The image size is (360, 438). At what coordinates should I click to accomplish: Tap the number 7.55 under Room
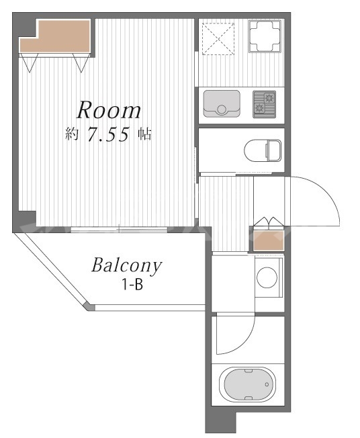109,134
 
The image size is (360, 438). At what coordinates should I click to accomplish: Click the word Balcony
126,265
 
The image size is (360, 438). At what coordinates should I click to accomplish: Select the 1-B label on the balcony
132,285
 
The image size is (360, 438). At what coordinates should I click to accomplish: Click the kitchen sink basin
222,103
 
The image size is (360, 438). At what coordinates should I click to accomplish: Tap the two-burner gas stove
264,103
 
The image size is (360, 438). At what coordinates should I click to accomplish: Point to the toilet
263,150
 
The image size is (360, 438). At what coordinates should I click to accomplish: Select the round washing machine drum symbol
267,277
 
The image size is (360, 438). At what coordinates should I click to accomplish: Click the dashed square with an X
218,39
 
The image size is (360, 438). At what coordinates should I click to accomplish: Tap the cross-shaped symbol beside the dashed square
265,36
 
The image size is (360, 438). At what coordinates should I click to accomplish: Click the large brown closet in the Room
55,36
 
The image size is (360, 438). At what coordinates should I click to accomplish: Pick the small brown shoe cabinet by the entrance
269,240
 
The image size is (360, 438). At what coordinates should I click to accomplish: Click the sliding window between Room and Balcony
119,230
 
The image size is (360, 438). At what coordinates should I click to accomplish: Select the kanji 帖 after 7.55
144,134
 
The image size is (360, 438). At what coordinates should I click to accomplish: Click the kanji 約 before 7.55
72,134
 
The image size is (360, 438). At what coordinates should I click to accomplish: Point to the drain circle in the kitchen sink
222,109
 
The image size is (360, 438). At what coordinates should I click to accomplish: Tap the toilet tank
274,150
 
